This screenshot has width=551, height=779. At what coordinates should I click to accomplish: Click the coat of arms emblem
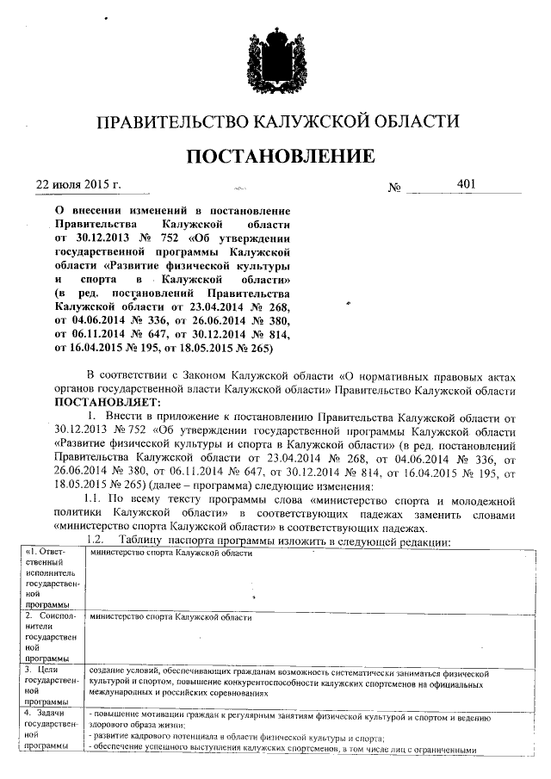[276, 54]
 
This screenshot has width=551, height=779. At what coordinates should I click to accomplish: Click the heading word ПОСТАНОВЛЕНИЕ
[275, 156]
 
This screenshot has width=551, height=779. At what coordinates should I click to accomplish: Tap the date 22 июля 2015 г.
[78, 185]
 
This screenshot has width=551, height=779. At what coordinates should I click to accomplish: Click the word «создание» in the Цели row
[108, 670]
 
